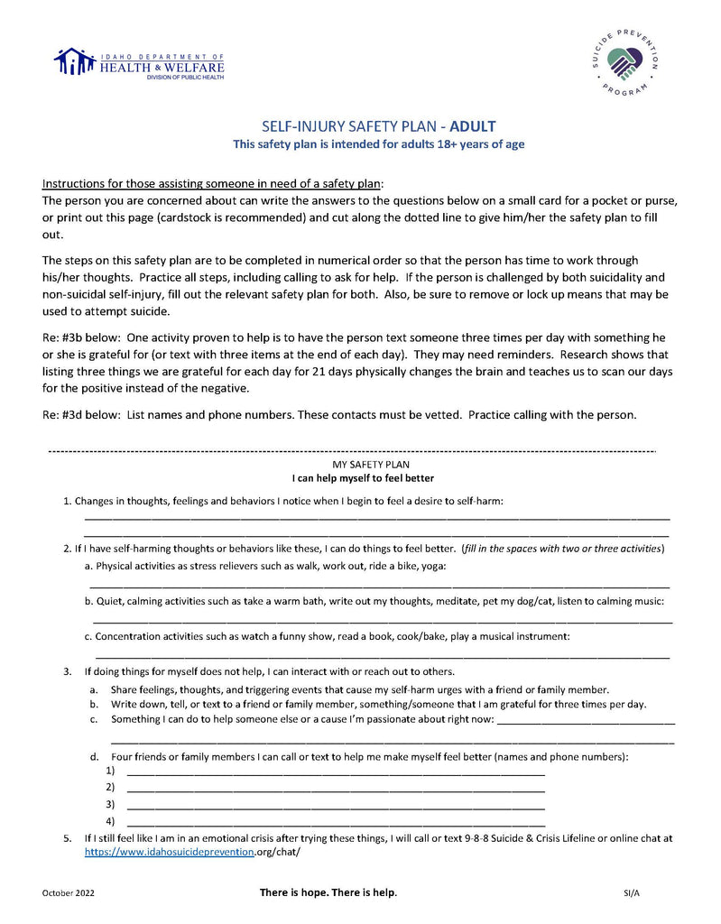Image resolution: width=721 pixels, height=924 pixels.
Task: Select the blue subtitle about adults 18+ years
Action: (x=378, y=143)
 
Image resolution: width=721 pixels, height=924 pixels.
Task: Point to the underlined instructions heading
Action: (x=213, y=182)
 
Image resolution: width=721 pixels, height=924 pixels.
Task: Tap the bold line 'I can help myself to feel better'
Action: (x=364, y=477)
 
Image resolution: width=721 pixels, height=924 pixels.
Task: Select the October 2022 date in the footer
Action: (x=68, y=892)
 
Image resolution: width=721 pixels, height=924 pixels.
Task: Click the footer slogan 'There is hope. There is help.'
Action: (x=328, y=892)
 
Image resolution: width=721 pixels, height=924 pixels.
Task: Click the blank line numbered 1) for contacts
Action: (x=336, y=773)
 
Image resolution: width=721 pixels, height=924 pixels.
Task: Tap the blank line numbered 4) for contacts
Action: (x=336, y=824)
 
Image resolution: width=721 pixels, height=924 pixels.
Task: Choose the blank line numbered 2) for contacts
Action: (x=336, y=790)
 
